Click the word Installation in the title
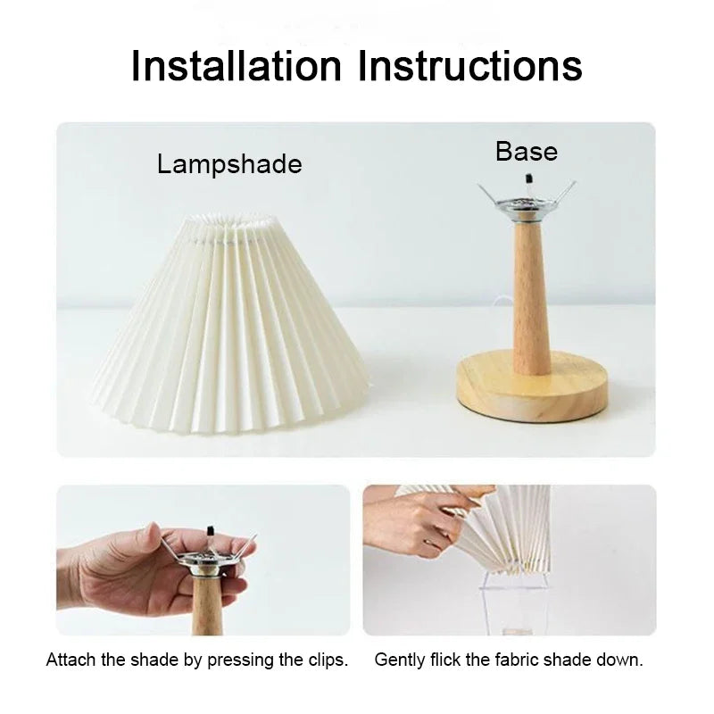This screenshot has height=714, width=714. click(x=236, y=66)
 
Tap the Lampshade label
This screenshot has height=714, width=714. click(x=229, y=164)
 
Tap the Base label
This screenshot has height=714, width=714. click(x=527, y=152)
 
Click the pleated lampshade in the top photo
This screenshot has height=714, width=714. click(x=230, y=330)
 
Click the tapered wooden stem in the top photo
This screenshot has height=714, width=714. click(x=531, y=295)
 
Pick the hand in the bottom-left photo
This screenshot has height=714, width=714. click(x=125, y=571)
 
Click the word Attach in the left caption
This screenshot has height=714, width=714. click(x=68, y=660)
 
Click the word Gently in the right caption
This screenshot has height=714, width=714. click(x=398, y=660)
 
